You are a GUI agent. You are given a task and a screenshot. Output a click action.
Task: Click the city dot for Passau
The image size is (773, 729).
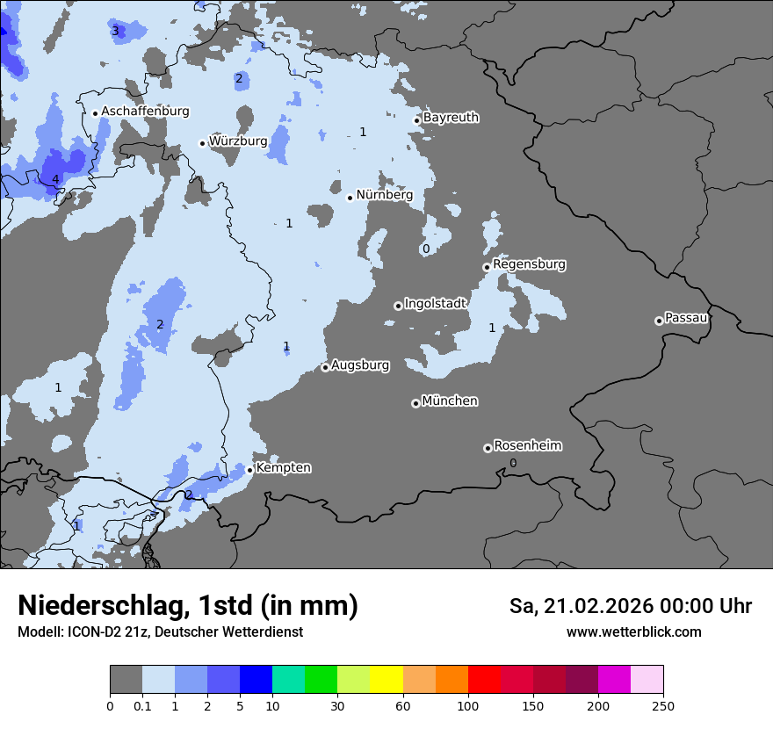click(659, 321)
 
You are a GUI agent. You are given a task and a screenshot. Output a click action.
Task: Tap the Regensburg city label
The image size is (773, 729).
click(529, 264)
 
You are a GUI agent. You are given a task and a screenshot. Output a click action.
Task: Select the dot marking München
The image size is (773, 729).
click(415, 403)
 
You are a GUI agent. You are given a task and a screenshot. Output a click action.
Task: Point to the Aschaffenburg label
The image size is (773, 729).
click(145, 112)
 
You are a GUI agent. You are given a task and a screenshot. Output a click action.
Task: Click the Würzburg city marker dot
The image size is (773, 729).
click(202, 143)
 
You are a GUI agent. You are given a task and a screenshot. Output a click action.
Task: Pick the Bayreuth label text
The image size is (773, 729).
click(451, 118)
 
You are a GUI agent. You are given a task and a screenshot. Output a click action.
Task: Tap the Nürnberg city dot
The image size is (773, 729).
click(350, 198)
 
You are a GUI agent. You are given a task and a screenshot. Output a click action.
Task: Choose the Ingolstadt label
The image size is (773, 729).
click(435, 304)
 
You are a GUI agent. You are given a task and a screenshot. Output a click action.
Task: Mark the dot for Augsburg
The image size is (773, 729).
click(325, 367)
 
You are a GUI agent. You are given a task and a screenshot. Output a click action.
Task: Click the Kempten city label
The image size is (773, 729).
click(283, 468)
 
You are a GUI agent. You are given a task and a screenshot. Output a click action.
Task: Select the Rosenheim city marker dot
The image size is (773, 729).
click(488, 449)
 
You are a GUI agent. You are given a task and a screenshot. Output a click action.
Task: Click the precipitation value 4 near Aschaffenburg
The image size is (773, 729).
click(55, 180)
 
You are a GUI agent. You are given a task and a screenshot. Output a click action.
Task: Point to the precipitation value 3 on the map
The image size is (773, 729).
click(115, 31)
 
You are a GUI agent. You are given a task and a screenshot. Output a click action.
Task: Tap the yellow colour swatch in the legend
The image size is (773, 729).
click(386, 680)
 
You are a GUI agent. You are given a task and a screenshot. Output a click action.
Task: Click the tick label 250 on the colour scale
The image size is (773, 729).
click(662, 705)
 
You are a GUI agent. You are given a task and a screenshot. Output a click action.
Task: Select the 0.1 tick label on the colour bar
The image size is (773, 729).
click(141, 705)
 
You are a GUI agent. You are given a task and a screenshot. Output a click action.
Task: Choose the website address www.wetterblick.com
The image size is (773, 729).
click(633, 632)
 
